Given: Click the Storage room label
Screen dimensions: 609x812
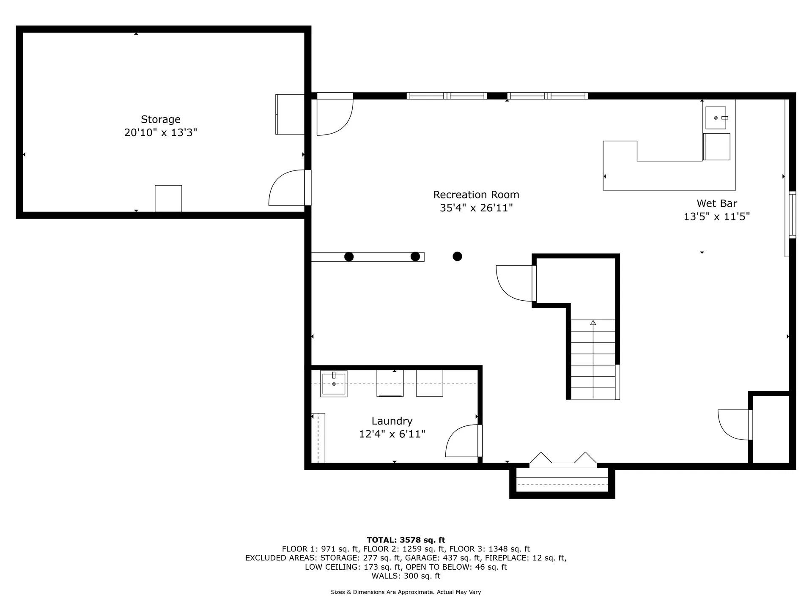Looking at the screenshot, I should click(x=160, y=119).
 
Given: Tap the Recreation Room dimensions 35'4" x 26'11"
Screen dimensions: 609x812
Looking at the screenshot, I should click(x=476, y=208).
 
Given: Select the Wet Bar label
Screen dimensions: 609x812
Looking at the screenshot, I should click(x=716, y=203).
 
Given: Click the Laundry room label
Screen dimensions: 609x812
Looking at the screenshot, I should click(x=392, y=421).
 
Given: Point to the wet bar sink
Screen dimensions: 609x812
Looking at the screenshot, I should click(x=716, y=118).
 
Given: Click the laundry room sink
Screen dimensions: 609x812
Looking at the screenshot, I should click(x=334, y=383).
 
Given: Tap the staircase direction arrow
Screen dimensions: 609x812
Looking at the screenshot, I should click(x=593, y=323).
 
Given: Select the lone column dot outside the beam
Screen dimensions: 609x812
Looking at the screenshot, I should click(x=457, y=256).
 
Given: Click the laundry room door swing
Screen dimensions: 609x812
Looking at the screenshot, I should click(x=462, y=442).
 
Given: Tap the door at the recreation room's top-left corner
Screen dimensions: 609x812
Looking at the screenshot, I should click(x=334, y=116).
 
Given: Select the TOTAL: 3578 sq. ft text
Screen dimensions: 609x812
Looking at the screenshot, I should click(x=406, y=540).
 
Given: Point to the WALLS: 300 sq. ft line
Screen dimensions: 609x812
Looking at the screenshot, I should click(x=406, y=576).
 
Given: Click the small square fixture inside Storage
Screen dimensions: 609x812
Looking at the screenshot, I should click(x=168, y=198).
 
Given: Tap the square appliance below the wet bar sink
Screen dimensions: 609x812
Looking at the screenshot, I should click(x=717, y=147).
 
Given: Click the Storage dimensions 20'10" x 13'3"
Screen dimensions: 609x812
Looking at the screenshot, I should click(x=160, y=133).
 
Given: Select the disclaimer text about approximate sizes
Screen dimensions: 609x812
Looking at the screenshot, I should click(x=406, y=592).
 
